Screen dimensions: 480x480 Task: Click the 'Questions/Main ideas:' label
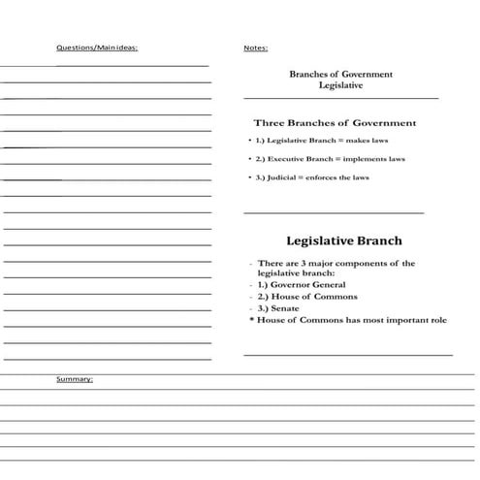(97, 48)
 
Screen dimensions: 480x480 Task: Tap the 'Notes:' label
(256, 48)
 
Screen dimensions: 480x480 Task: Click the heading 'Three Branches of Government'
(335, 123)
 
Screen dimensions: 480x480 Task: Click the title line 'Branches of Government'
(340, 74)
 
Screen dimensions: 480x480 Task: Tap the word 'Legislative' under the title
(340, 85)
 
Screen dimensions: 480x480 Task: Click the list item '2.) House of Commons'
(307, 297)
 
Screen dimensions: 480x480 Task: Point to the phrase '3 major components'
(339, 263)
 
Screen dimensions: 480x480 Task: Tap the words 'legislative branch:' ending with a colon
(296, 273)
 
